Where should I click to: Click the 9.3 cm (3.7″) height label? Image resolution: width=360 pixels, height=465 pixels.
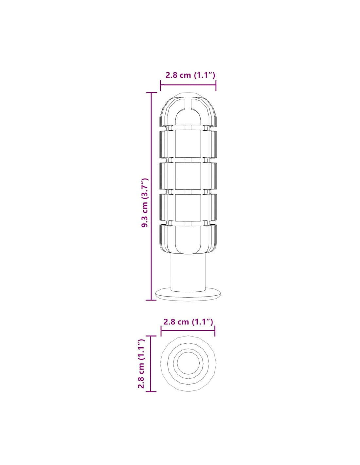tap(145, 203)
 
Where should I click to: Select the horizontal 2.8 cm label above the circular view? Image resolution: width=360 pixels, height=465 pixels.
tap(188, 328)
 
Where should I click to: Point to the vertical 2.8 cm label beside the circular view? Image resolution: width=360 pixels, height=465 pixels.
tap(142, 364)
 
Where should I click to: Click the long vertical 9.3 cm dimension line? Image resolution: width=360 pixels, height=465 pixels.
tap(151, 196)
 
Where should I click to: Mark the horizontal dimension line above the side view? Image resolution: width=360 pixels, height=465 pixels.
tap(188, 85)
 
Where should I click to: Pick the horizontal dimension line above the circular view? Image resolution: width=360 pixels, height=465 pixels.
tap(188, 336)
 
